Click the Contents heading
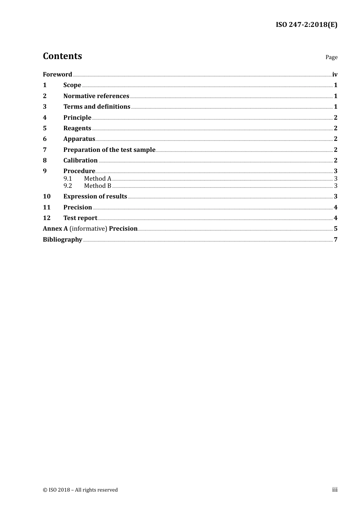(62, 56)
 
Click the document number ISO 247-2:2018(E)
(306, 25)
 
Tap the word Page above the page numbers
(331, 57)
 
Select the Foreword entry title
(57, 74)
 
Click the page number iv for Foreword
(335, 75)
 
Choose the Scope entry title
(72, 85)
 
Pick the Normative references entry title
(96, 96)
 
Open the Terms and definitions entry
(97, 107)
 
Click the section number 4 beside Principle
(45, 117)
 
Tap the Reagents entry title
(77, 128)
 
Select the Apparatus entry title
(79, 139)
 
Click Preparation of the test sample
(109, 150)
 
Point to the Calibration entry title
(80, 160)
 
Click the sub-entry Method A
(97, 178)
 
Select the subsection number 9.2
(67, 186)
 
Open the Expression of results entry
(95, 196)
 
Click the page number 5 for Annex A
(335, 229)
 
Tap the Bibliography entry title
(62, 239)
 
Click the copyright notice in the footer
(80, 490)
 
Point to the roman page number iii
(335, 490)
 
